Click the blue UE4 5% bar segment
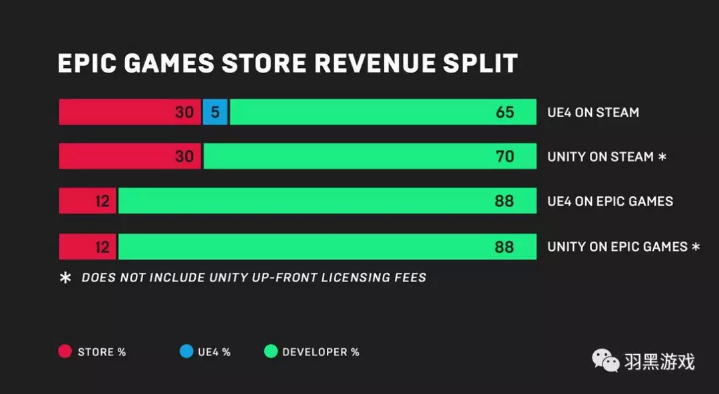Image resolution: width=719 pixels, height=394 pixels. point(215,112)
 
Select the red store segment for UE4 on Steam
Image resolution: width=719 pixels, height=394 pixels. point(130,112)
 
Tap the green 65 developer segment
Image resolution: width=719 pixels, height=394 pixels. point(383,112)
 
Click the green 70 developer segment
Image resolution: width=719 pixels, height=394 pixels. point(369,156)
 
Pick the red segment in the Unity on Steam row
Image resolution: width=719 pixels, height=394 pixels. point(130,156)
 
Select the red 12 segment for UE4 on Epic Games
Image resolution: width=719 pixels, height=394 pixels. point(88,201)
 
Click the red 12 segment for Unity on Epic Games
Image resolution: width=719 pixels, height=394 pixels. point(88,246)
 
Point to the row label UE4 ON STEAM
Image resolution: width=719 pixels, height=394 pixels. point(593,112)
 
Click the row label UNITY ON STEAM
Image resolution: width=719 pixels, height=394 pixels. point(600,157)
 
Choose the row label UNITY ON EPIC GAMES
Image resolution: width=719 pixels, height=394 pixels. point(617,246)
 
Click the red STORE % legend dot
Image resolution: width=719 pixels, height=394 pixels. point(65,351)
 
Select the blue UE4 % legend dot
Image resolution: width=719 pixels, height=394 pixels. point(186,351)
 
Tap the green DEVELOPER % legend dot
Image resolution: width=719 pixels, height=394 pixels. point(270,351)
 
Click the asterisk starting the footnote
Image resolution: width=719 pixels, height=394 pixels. point(66,278)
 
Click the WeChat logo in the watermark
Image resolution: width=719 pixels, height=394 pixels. point(605,361)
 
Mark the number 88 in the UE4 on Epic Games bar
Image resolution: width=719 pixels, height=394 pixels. point(505,201)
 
